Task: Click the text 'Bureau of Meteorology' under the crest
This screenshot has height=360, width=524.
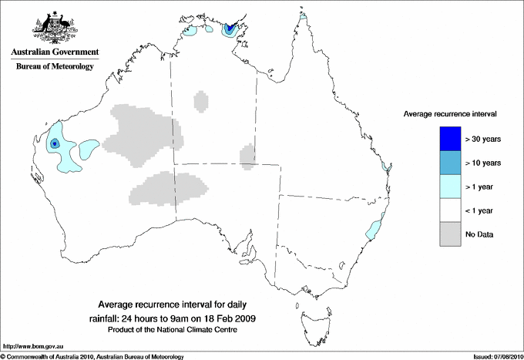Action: tap(55, 67)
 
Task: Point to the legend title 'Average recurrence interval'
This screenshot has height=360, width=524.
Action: tap(450, 113)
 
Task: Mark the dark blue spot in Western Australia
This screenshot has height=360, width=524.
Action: tap(55, 143)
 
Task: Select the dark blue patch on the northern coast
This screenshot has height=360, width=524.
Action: tap(230, 29)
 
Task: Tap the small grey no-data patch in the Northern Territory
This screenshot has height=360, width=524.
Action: tap(201, 101)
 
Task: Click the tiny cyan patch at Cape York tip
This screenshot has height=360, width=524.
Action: tap(304, 14)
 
